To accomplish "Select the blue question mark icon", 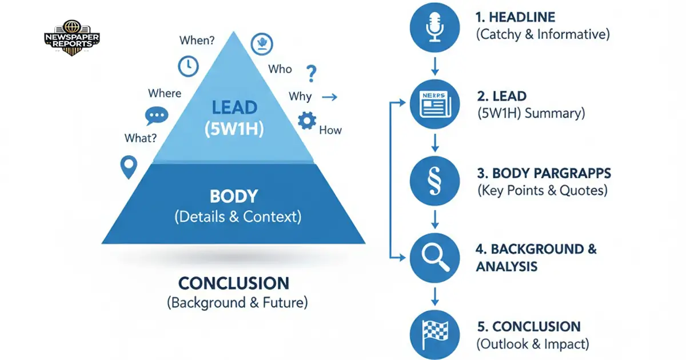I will [311, 74].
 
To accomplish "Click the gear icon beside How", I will [307, 121].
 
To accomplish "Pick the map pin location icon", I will [129, 167].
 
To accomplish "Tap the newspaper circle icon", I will [434, 105].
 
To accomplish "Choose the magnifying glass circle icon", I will [434, 258].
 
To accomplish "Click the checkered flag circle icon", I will [434, 335].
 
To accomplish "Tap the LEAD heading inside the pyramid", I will [234, 107].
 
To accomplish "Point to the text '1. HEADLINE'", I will [516, 18].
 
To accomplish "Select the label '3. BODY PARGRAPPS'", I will [543, 173].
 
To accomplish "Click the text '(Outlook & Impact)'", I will [532, 344].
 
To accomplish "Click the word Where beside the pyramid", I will [165, 93].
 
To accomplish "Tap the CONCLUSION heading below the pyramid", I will [234, 283].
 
